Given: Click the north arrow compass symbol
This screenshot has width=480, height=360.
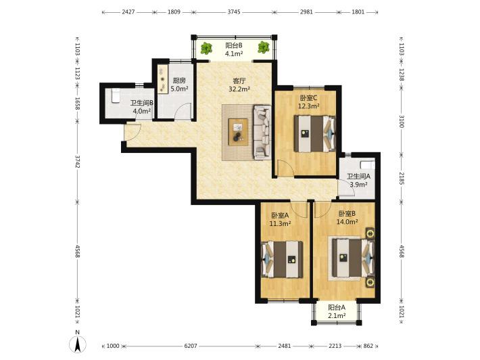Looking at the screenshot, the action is pyautogui.click(x=78, y=344).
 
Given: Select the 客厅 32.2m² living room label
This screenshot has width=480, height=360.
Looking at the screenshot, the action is pyautogui.click(x=239, y=85).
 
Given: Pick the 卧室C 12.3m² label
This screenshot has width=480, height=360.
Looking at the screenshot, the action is pyautogui.click(x=308, y=102).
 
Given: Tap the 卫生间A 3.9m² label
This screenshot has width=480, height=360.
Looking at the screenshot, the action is pyautogui.click(x=358, y=181).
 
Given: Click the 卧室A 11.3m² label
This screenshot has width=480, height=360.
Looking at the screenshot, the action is pyautogui.click(x=280, y=220).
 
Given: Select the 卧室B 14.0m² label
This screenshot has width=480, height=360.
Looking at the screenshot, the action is pyautogui.click(x=347, y=217).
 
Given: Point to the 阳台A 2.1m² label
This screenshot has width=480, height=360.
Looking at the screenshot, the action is pyautogui.click(x=337, y=311).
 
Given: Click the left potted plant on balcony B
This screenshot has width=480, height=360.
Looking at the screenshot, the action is pyautogui.click(x=206, y=48).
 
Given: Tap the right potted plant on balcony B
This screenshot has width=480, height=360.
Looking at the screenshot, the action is pyautogui.click(x=263, y=47).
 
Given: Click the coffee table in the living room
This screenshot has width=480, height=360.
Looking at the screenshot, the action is pyautogui.click(x=238, y=132).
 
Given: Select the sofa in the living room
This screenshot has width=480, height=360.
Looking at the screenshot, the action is pyautogui.click(x=262, y=133).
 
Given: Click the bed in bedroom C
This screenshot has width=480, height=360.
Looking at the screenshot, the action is pyautogui.click(x=314, y=133).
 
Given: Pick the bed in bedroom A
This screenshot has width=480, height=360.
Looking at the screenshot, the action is pyautogui.click(x=282, y=259).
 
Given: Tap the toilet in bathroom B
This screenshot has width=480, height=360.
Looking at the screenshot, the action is pyautogui.click(x=116, y=95).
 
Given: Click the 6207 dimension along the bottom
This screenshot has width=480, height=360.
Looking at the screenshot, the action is pyautogui.click(x=191, y=346).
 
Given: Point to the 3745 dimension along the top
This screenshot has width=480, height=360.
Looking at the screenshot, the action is pyautogui.click(x=234, y=12).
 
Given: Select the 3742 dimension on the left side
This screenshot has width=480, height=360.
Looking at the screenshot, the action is pyautogui.click(x=78, y=162).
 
